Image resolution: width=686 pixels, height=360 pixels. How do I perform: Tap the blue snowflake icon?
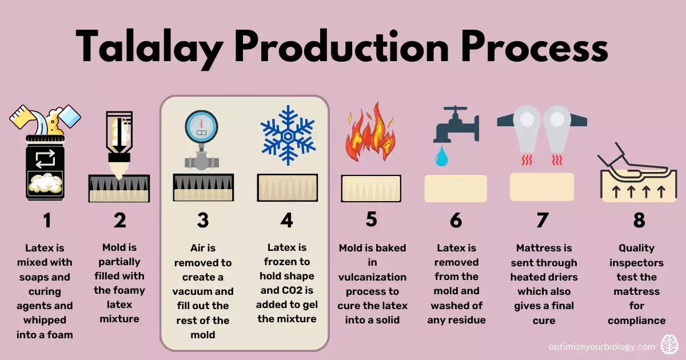[x=286, y=135]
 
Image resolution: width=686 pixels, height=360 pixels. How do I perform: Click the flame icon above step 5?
[x=371, y=136]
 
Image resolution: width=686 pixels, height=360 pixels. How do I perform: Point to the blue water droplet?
[x=440, y=157]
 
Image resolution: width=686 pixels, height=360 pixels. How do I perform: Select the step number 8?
[x=639, y=221]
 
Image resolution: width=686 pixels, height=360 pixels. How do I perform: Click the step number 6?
[x=456, y=221]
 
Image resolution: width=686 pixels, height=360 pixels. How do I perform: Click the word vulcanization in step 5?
[x=372, y=277]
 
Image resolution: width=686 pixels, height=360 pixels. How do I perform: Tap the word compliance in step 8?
[x=637, y=320]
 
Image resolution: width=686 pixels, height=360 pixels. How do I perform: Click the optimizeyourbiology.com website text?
[x=601, y=346]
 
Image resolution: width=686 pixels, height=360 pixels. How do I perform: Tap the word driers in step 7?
[x=561, y=277]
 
